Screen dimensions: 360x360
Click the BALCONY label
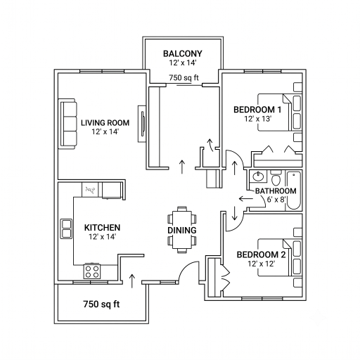pyautogui.click(x=183, y=53)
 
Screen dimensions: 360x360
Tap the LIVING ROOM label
pyautogui.click(x=105, y=123)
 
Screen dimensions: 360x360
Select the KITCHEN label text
pyautogui.click(x=102, y=228)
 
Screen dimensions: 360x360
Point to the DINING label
pyautogui.click(x=182, y=230)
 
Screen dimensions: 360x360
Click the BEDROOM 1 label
pyautogui.click(x=257, y=110)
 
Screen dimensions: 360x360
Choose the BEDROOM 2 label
pyautogui.click(x=261, y=255)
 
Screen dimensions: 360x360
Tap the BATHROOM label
pyautogui.click(x=276, y=191)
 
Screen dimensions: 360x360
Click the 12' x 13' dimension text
pyautogui.click(x=258, y=119)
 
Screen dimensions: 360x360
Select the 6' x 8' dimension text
pyautogui.click(x=276, y=200)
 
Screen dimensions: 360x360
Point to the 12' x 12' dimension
pyautogui.click(x=262, y=264)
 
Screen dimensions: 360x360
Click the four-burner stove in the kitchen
pyautogui.click(x=92, y=271)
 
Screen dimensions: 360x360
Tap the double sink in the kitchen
pyautogui.click(x=66, y=229)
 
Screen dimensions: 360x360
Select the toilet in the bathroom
pyautogui.click(x=276, y=178)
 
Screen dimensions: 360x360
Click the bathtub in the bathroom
pyautogui.click(x=294, y=190)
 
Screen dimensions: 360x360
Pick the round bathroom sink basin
pyautogui.click(x=258, y=176)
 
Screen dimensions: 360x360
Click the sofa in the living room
pyautogui.click(x=67, y=124)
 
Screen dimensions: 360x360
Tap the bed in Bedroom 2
pyautogui.click(x=280, y=257)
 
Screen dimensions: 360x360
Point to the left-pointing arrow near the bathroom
pyautogui.click(x=246, y=199)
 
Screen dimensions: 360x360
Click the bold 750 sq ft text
pyautogui.click(x=101, y=304)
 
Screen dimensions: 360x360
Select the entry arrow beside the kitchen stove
pyautogui.click(x=132, y=281)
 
